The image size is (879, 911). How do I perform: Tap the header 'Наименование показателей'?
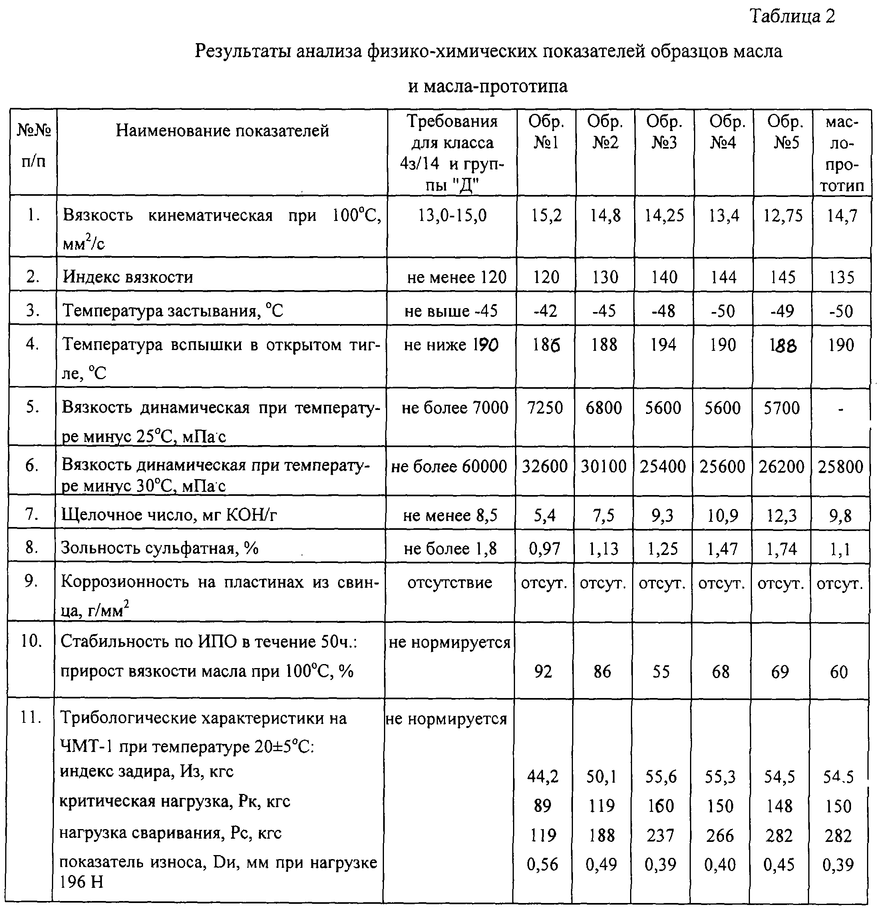click(222, 131)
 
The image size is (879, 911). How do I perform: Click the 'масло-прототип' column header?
click(842, 154)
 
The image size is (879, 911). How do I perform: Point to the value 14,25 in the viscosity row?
click(664, 216)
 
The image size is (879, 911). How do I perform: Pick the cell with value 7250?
click(545, 408)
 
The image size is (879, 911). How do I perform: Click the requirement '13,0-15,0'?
click(452, 216)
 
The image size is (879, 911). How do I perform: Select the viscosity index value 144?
click(723, 277)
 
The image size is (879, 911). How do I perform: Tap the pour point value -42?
click(545, 310)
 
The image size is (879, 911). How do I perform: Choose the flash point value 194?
click(663, 345)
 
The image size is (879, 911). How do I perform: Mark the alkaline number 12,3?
click(782, 515)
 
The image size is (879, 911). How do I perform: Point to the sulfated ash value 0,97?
click(544, 549)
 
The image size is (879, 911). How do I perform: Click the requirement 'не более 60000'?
click(449, 467)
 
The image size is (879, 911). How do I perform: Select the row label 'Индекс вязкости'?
click(128, 277)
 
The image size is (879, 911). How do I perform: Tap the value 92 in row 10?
click(543, 672)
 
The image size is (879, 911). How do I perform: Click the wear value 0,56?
click(543, 865)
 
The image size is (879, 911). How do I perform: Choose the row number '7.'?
click(32, 515)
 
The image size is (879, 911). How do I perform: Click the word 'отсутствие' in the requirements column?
click(449, 583)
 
